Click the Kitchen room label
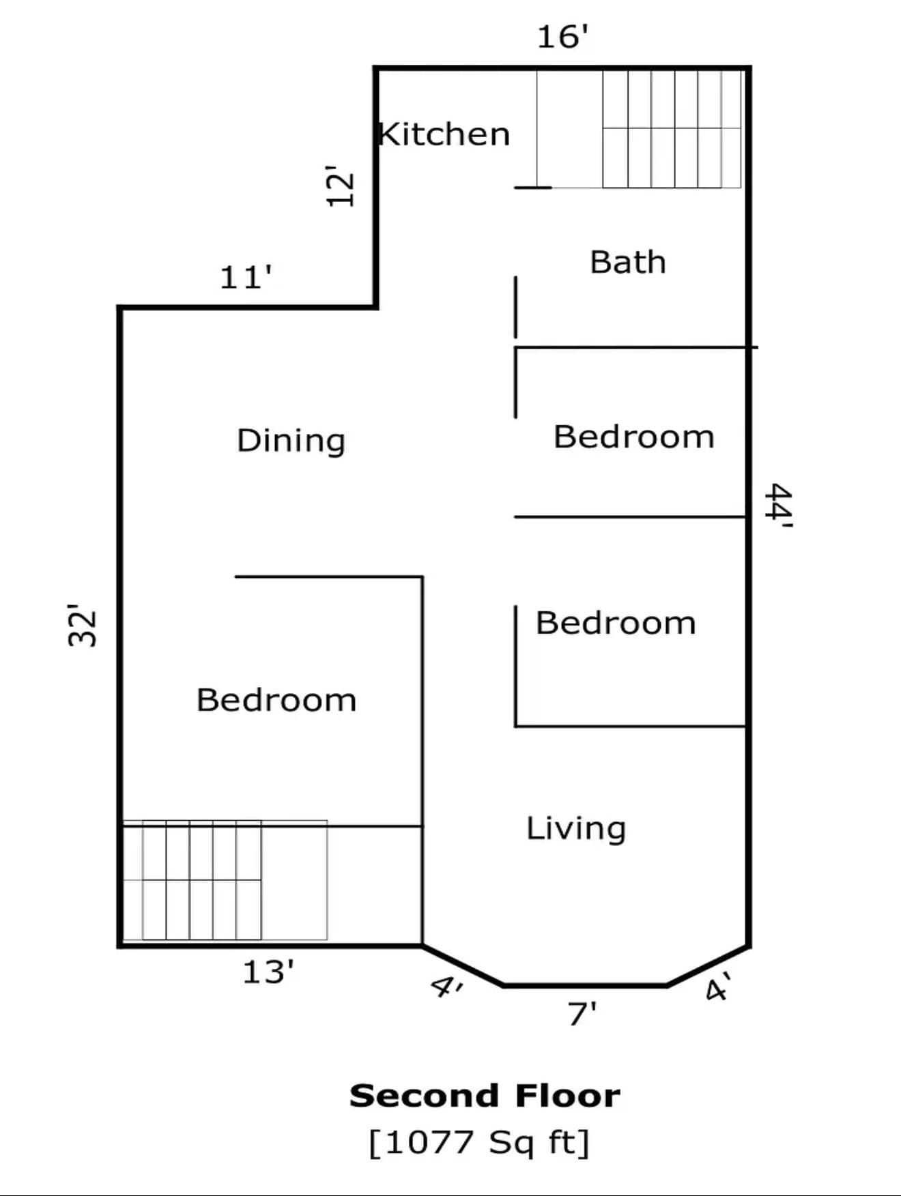tap(444, 134)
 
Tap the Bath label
tap(627, 262)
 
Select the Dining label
tap(291, 440)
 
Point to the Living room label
tap(575, 828)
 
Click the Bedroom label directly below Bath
tap(633, 437)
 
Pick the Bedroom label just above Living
tap(615, 623)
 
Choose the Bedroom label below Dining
tap(276, 700)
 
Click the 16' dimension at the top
tap(562, 37)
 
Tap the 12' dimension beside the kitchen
tap(340, 186)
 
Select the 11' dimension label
tap(245, 278)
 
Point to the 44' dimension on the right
tap(779, 506)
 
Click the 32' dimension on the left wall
tap(83, 625)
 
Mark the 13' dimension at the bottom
tap(268, 972)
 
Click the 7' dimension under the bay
tap(582, 1014)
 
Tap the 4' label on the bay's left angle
tap(447, 987)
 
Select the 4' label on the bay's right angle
tap(718, 987)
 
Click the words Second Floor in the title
tap(485, 1096)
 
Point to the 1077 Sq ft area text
tap(478, 1142)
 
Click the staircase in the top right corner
tap(671, 128)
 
